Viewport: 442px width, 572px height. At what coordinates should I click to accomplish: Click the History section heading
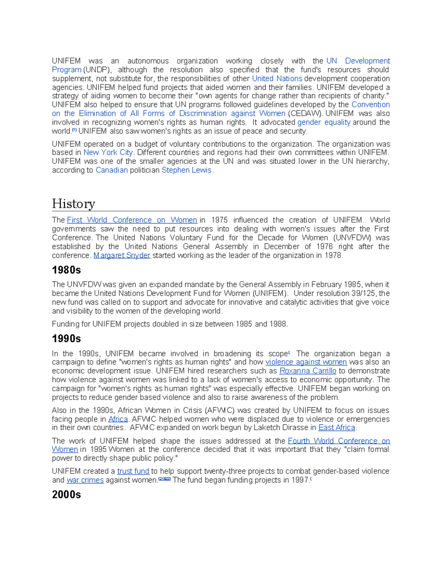pyautogui.click(x=74, y=204)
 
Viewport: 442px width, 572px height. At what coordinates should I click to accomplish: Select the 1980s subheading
pyautogui.click(x=66, y=270)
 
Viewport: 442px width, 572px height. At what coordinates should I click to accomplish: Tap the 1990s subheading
pyautogui.click(x=66, y=338)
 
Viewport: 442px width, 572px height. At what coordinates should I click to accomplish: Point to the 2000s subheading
pyautogui.click(x=66, y=494)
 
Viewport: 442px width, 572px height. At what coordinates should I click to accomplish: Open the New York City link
pyautogui.click(x=108, y=152)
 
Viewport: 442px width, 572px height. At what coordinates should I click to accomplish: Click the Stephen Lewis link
pyautogui.click(x=186, y=170)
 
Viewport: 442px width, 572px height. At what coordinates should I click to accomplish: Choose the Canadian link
pyautogui.click(x=112, y=170)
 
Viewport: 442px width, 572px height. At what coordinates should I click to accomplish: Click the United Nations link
pyautogui.click(x=277, y=78)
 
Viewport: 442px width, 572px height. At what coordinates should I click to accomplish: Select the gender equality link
pyautogui.click(x=324, y=122)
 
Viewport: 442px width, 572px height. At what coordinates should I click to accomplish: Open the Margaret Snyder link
pyautogui.click(x=122, y=255)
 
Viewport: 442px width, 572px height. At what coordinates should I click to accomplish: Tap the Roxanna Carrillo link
pyautogui.click(x=308, y=371)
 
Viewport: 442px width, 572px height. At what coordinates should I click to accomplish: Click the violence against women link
pyautogui.click(x=306, y=362)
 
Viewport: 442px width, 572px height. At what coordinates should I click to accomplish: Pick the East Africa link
pyautogui.click(x=337, y=428)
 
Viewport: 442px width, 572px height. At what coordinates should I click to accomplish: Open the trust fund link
pyautogui.click(x=133, y=471)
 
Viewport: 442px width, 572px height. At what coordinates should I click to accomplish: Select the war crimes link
pyautogui.click(x=85, y=480)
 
